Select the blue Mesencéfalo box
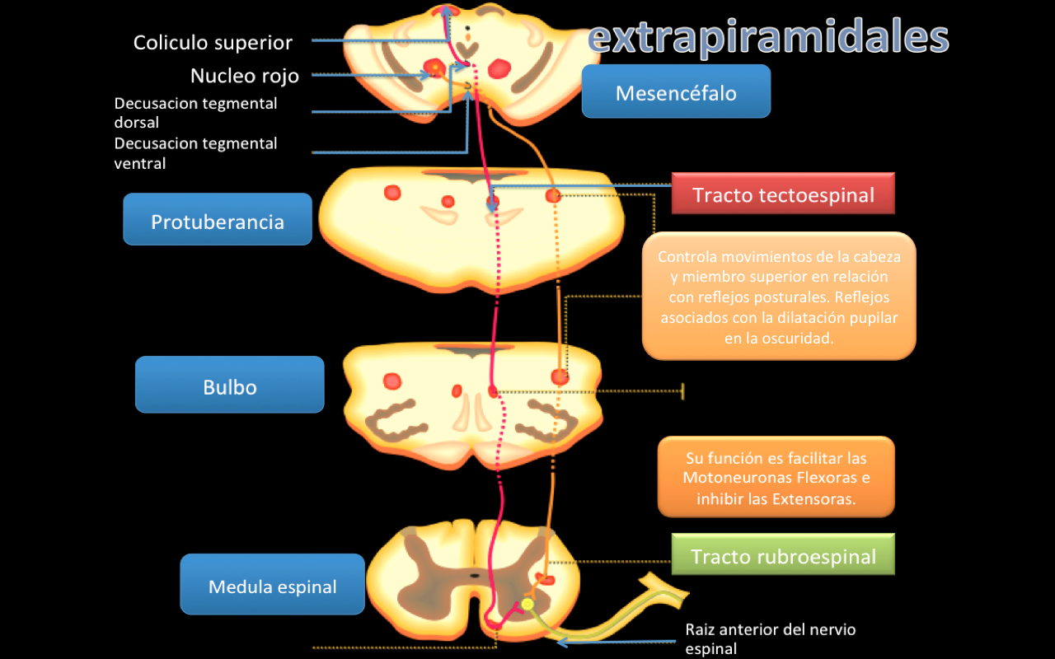[x=676, y=92]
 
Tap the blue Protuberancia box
[x=218, y=221]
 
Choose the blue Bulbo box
[x=230, y=386]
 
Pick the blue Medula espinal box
[x=272, y=586]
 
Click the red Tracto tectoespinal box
[x=782, y=194]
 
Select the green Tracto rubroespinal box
[x=782, y=555]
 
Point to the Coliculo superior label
[x=213, y=42]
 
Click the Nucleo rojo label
[x=245, y=76]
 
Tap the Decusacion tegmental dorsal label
[x=195, y=113]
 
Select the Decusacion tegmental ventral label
[x=195, y=153]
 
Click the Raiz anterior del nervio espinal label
[x=770, y=638]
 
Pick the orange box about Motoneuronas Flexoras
[x=776, y=478]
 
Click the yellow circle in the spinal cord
[x=527, y=605]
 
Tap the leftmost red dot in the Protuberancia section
[x=392, y=193]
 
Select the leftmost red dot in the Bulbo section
[x=392, y=381]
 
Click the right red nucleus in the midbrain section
[x=499, y=68]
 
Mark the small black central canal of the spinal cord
[x=474, y=574]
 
